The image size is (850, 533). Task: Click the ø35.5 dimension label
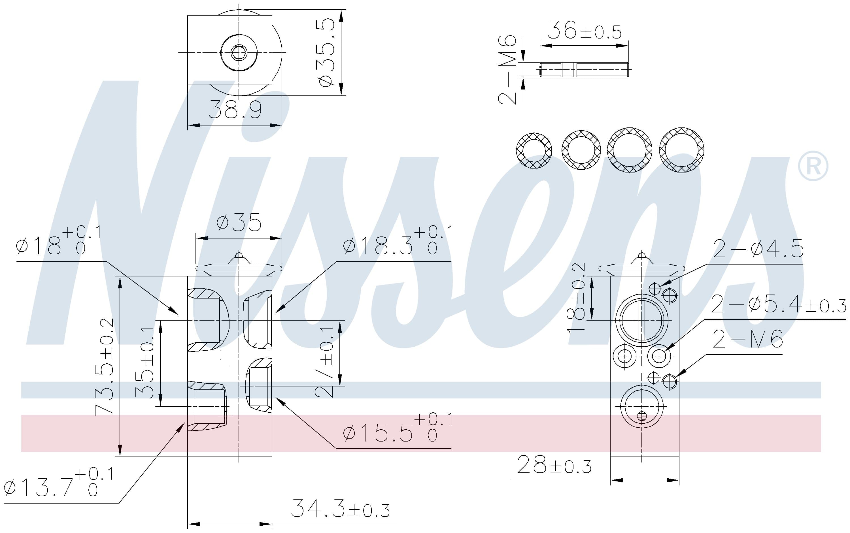coord(326,52)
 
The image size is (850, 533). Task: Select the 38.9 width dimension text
coord(235,109)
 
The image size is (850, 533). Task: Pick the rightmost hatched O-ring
coord(681,150)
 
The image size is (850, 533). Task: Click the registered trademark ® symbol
coord(813,166)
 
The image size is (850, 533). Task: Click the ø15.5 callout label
coord(398,428)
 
